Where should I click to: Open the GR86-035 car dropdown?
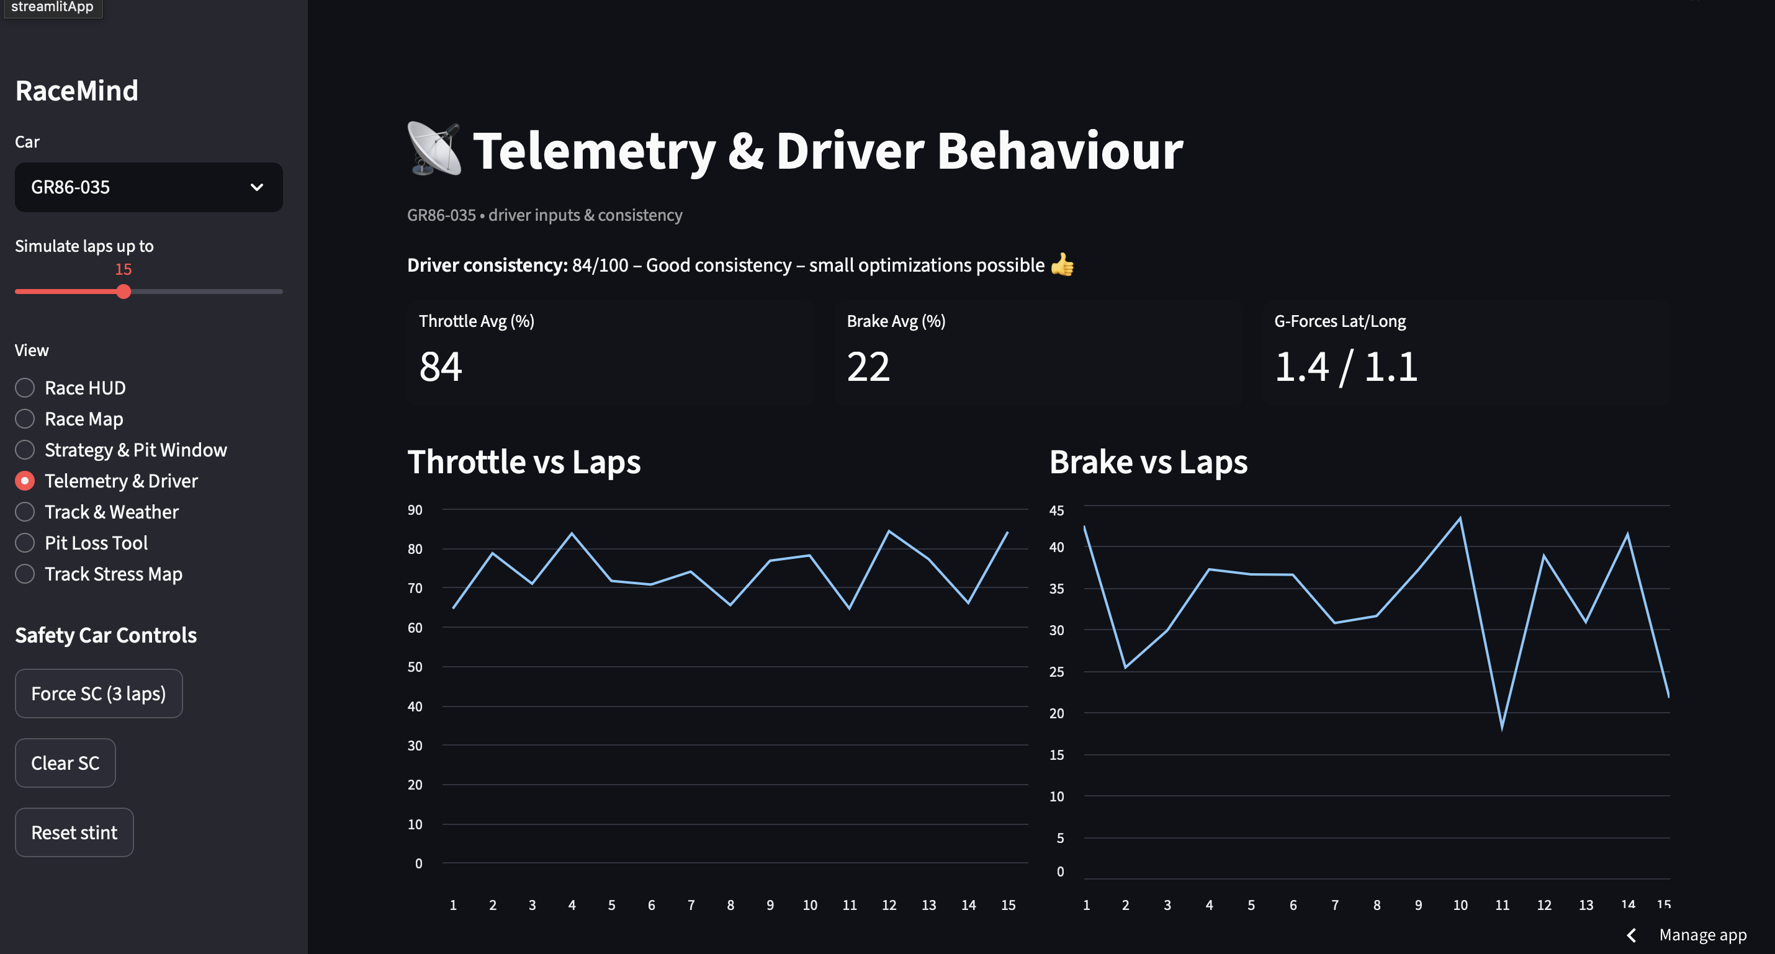point(148,187)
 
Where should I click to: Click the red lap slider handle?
point(124,292)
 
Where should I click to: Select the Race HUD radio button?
point(25,388)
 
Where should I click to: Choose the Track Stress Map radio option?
point(25,574)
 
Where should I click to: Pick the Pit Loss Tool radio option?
point(25,543)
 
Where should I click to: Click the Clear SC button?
point(65,763)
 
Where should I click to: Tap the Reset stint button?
point(74,833)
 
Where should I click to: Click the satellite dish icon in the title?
point(434,149)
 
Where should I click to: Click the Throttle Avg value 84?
point(440,367)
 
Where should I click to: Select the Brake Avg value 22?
point(868,367)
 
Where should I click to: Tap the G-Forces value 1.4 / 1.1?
point(1346,367)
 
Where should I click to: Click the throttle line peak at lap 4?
point(572,533)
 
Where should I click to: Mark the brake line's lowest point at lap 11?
point(1502,728)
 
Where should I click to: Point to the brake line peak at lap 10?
point(1460,518)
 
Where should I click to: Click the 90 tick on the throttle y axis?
point(415,510)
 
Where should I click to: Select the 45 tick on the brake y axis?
point(1056,510)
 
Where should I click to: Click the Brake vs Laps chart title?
point(1148,462)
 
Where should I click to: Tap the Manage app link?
point(1702,935)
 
